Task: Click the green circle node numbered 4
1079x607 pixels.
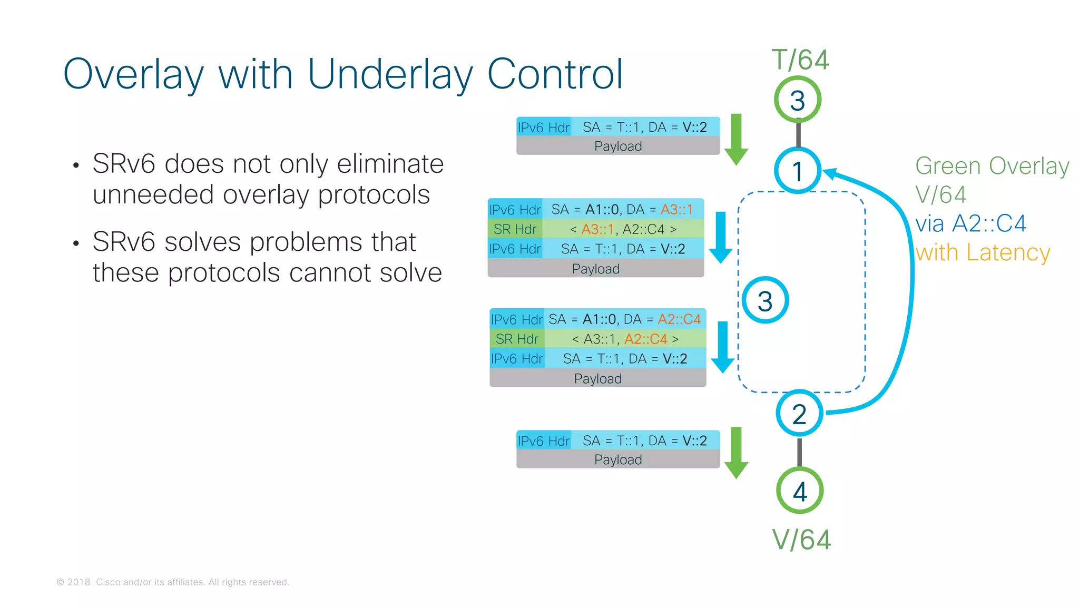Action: pos(800,491)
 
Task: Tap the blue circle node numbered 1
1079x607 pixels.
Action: pos(798,171)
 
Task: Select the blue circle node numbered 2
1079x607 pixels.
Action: pos(799,414)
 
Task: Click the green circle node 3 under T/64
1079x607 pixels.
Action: pos(798,100)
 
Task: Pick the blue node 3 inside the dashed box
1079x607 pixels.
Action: pos(765,300)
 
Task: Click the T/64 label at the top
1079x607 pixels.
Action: pos(800,60)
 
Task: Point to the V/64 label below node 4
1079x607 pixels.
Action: pos(801,540)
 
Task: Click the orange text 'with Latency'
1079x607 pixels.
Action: pos(983,252)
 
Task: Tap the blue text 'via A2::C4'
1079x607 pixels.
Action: pos(970,223)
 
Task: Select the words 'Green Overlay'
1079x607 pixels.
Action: pos(992,166)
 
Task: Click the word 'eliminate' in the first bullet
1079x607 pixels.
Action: pos(390,163)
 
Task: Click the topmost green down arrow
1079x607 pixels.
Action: pos(736,139)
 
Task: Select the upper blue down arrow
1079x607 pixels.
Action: pos(721,237)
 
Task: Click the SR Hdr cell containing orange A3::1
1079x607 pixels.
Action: pos(623,229)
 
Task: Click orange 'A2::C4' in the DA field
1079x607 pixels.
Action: pos(679,319)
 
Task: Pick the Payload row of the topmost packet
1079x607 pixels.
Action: pos(618,146)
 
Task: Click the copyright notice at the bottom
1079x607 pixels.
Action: pos(173,582)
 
